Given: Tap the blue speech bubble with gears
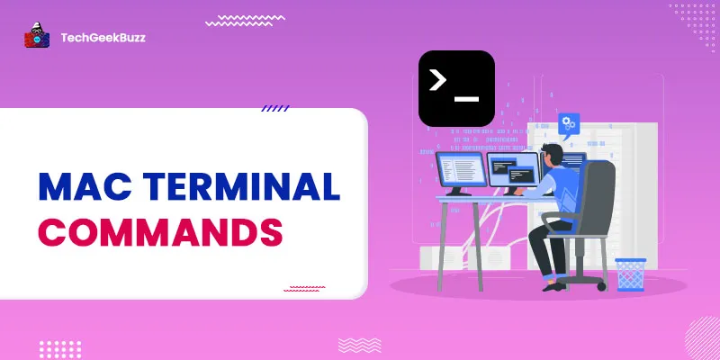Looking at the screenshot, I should pos(569,123).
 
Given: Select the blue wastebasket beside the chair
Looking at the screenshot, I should pos(630,274).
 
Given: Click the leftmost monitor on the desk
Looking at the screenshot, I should pos(460,172).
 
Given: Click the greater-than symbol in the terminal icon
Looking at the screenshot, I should pos(438,80).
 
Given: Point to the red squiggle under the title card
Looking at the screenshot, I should pos(304,289).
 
